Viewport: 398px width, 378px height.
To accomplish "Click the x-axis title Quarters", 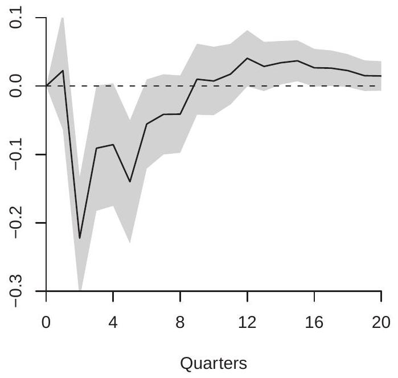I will (214, 363).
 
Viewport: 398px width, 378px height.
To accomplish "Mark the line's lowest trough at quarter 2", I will (80, 238).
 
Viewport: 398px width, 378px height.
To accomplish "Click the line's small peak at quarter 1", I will (63, 71).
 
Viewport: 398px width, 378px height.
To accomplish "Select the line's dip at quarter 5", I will (130, 182).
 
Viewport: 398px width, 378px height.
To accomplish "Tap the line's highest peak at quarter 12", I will (247, 58).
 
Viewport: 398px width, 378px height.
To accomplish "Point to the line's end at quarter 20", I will (381, 76).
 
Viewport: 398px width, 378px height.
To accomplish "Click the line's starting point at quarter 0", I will (46, 86).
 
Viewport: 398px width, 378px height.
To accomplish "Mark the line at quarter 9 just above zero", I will (197, 79).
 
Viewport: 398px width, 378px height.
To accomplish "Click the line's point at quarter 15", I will (297, 61).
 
